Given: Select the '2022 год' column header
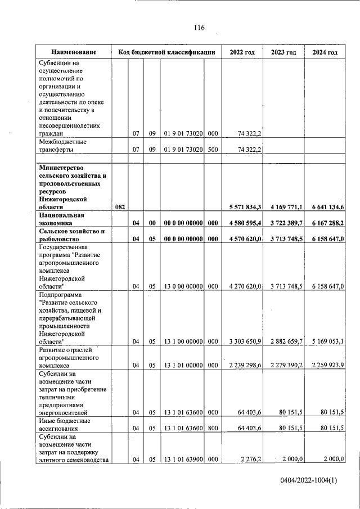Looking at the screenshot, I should coord(242,52).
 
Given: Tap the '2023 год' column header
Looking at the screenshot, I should coord(283,52).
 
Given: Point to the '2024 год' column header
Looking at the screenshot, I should coord(325,52).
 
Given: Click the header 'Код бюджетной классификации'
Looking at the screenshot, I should coord(166,52).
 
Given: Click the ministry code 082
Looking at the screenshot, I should coord(120,207).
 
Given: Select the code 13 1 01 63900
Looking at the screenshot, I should coord(182,460).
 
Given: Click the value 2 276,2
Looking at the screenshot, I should coord(249,460).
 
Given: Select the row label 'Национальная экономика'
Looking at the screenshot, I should coord(62,219).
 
